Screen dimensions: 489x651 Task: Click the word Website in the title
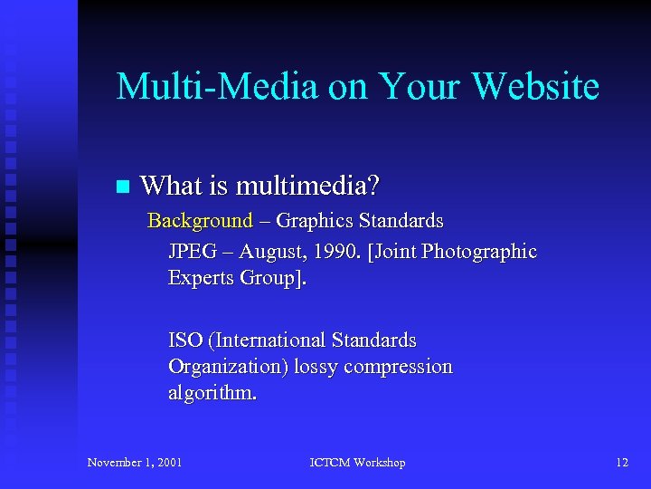click(535, 87)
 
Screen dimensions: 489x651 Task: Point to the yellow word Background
click(200, 220)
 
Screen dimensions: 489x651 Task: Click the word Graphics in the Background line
click(315, 220)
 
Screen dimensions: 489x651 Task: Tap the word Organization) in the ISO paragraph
click(222, 367)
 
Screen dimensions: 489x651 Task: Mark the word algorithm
click(212, 393)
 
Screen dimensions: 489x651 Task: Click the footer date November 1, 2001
click(135, 463)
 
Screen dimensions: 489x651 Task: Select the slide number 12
click(621, 463)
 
